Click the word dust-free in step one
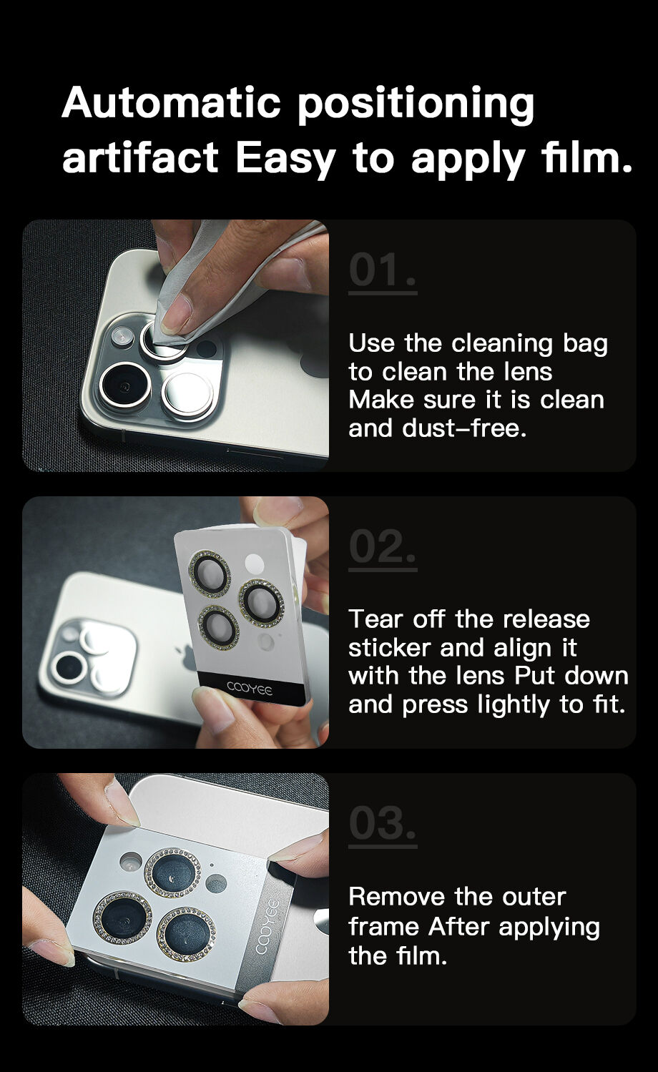click(x=464, y=428)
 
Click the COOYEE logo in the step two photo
click(x=250, y=689)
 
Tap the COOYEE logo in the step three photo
click(x=270, y=927)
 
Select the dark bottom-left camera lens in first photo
click(x=125, y=385)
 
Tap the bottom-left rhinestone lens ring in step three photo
click(x=122, y=917)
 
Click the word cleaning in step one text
click(x=502, y=344)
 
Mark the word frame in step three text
click(x=384, y=927)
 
